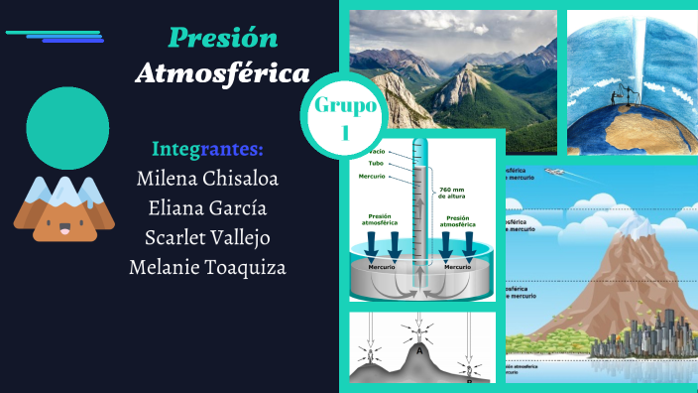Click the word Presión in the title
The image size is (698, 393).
point(222,38)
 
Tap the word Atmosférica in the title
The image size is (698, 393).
point(222,72)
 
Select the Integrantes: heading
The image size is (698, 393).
point(207,150)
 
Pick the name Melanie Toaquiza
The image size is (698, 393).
point(207,268)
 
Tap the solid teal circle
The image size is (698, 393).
point(67,128)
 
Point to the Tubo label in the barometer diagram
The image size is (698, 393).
point(377,164)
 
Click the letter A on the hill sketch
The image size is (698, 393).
point(420,349)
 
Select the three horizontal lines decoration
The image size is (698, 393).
point(56,37)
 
